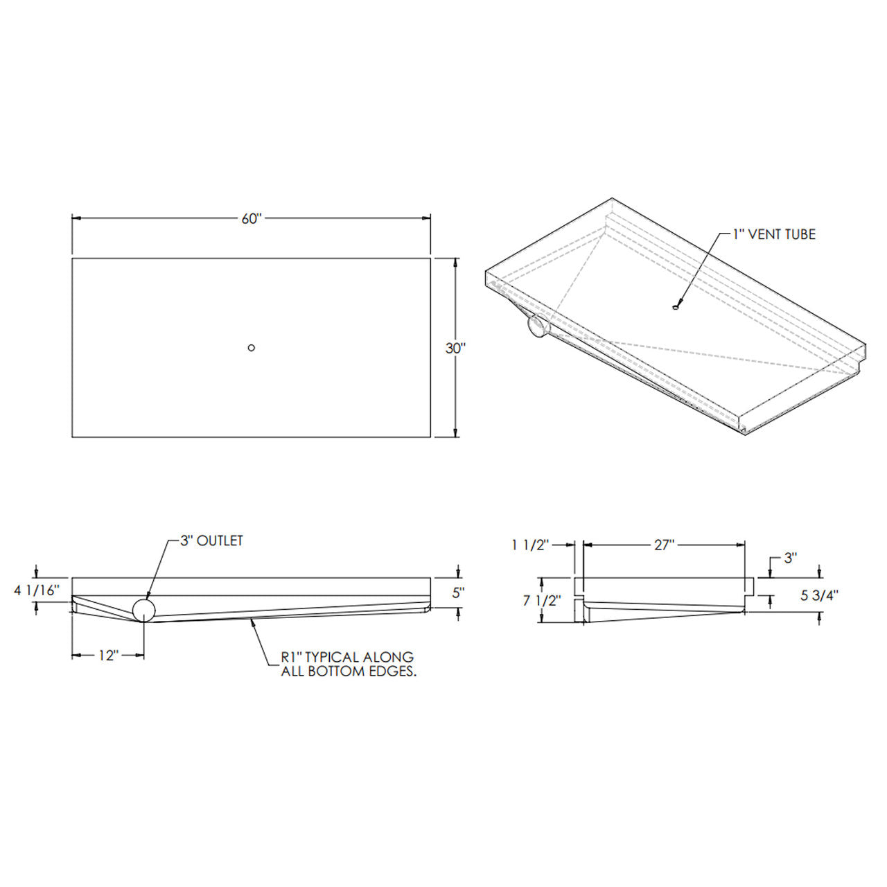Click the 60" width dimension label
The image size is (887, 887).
[252, 219]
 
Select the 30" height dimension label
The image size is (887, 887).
[455, 349]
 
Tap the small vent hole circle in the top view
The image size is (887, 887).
[252, 348]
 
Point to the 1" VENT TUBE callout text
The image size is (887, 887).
[775, 234]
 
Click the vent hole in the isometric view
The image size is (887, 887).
[675, 307]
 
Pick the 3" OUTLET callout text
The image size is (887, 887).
[211, 541]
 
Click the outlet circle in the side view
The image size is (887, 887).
[144, 610]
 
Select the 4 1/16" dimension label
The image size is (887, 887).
[37, 590]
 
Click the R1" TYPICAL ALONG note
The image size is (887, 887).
[346, 656]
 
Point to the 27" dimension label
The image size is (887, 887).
[664, 545]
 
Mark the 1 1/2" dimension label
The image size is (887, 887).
[530, 545]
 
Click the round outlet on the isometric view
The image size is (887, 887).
[538, 326]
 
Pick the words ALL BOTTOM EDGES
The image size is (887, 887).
[349, 671]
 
